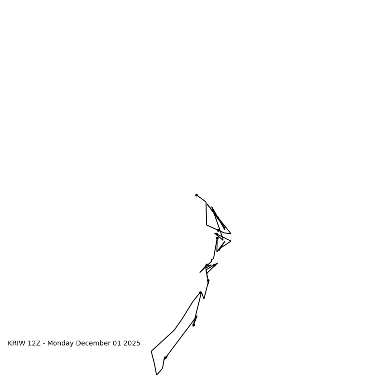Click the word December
point(94,344)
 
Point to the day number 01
point(118,344)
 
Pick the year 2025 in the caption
point(132,344)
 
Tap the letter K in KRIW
point(10,344)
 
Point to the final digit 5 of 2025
point(138,344)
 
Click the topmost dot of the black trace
point(196,195)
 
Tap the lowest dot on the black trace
point(165,358)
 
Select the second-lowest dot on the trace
point(193,325)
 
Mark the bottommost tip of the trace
point(157,374)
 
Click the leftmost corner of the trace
point(152,351)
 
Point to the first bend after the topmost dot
point(206,202)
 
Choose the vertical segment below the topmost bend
point(207,213)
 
